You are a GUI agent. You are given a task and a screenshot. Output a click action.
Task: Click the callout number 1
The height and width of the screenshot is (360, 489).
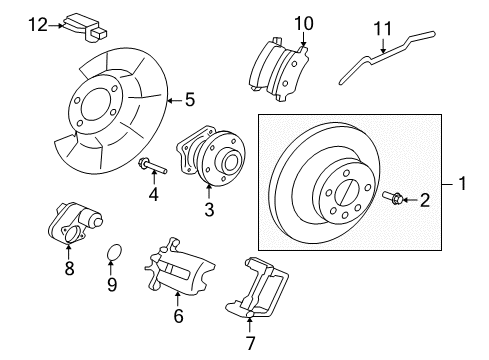tap(462, 183)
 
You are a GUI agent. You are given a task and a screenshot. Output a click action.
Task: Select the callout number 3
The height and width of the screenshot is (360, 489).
tap(208, 209)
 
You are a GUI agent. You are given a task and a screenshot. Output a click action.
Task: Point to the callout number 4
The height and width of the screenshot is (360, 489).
tap(154, 194)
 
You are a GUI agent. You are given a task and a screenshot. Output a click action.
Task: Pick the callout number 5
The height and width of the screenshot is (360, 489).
tap(188, 99)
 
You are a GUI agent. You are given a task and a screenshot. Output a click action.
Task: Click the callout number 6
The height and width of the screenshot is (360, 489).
tap(178, 317)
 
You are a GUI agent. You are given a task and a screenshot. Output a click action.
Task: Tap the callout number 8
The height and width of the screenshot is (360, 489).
tap(68, 268)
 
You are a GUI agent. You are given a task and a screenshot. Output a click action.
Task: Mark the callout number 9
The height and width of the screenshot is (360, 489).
tap(112, 285)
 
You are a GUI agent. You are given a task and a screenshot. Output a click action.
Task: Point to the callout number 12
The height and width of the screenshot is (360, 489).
tap(38, 22)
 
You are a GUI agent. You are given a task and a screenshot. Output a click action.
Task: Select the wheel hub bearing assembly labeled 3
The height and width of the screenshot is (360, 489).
tap(211, 160)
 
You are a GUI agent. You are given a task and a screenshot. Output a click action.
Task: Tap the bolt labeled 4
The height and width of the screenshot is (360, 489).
tap(147, 163)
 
